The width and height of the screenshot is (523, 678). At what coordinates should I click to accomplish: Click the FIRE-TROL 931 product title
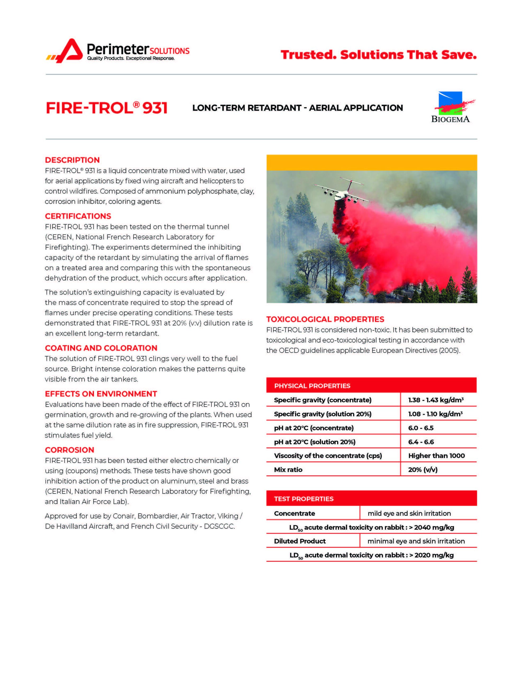107,108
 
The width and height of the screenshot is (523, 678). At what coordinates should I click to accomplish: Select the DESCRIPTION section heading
72,160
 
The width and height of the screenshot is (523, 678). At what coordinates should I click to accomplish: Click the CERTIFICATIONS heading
78,216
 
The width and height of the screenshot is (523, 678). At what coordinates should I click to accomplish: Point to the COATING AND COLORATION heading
101,348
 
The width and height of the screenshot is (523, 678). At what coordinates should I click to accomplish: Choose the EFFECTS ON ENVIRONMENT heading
101,394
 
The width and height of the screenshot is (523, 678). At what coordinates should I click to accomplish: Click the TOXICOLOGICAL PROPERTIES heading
325,319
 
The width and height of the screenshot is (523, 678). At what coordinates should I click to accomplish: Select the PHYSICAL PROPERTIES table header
312,386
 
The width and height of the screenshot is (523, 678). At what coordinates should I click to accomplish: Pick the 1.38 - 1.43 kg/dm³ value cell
435,400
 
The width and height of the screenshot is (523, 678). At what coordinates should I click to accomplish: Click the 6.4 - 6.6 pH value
421,442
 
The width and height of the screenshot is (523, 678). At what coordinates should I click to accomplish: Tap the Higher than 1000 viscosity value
436,456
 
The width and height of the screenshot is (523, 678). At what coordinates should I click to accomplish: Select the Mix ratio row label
288,469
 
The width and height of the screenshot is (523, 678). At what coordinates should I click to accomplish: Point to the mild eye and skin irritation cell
409,513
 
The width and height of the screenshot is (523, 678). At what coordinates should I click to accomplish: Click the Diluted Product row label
300,541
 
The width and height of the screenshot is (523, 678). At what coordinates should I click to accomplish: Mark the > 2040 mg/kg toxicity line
371,528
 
